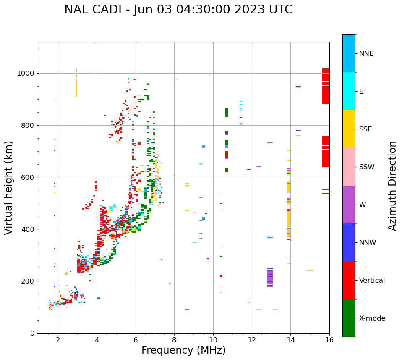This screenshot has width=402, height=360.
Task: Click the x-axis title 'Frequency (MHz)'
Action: pyautogui.click(x=183, y=350)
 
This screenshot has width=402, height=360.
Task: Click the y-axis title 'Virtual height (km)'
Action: pyautogui.click(x=9, y=187)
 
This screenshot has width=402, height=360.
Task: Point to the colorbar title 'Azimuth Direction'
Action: pyautogui.click(x=392, y=186)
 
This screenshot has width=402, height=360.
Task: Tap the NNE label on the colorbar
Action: pyautogui.click(x=366, y=54)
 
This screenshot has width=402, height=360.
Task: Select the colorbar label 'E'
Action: pyautogui.click(x=361, y=92)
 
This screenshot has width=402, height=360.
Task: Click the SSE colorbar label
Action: pyautogui.click(x=365, y=129)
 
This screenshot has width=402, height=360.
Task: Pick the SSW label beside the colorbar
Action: pyautogui.click(x=366, y=167)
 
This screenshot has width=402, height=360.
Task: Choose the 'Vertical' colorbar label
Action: pyautogui.click(x=372, y=281)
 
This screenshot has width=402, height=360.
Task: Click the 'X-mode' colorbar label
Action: pyautogui.click(x=372, y=318)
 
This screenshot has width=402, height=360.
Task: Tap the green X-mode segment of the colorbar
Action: pyautogui.click(x=349, y=318)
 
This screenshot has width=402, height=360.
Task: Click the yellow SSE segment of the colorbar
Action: pyautogui.click(x=349, y=129)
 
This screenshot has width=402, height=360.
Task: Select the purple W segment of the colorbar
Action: pyautogui.click(x=349, y=205)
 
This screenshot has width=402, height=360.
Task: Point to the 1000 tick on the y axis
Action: pyautogui.click(x=26, y=73)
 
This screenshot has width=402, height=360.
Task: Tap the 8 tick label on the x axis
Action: pyautogui.click(x=174, y=340)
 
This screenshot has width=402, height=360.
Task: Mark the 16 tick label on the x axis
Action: pyautogui.click(x=329, y=340)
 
